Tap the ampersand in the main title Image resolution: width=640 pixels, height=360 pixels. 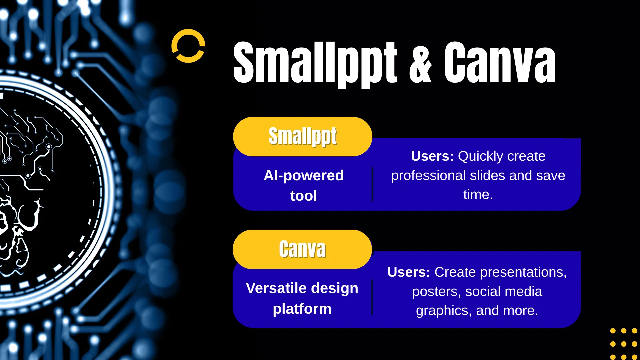(420, 63)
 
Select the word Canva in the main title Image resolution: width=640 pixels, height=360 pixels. (500, 63)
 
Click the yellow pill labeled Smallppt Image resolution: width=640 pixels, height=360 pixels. (303, 136)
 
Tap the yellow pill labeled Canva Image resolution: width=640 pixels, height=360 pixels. (302, 249)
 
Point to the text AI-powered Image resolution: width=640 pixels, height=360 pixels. (304, 175)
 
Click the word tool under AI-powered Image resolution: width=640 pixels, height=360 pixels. (304, 196)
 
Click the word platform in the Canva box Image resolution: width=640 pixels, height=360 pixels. (302, 309)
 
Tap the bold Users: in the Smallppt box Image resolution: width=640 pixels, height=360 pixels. (432, 156)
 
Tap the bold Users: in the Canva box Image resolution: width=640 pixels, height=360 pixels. (409, 272)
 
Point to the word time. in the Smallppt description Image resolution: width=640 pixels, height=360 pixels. (478, 194)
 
